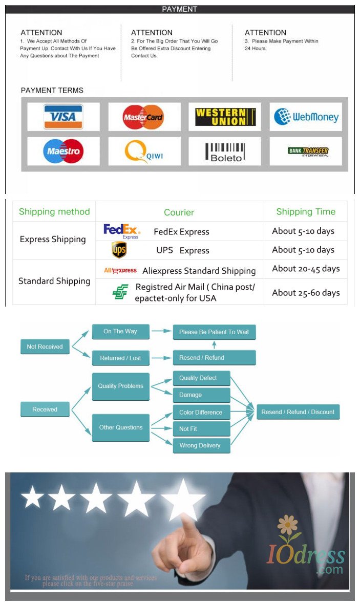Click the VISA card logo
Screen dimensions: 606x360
pyautogui.click(x=63, y=117)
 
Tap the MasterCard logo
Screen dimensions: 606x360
pyautogui.click(x=143, y=117)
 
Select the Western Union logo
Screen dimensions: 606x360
pyautogui.click(x=225, y=117)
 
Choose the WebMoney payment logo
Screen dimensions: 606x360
pyautogui.click(x=306, y=117)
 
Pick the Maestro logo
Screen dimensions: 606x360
pyautogui.click(x=63, y=151)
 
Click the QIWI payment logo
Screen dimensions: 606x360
pyautogui.click(x=144, y=151)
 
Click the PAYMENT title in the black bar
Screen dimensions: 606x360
pyautogui.click(x=179, y=9)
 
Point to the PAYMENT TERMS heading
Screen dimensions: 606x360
pyautogui.click(x=52, y=91)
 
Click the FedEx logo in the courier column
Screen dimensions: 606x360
pyautogui.click(x=122, y=231)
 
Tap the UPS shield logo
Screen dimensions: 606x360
pyautogui.click(x=119, y=250)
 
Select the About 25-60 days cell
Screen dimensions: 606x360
pyautogui.click(x=306, y=293)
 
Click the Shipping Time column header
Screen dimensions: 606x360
pyautogui.click(x=306, y=211)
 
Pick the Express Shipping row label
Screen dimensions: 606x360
pyautogui.click(x=53, y=239)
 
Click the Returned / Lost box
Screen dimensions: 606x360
pyautogui.click(x=120, y=358)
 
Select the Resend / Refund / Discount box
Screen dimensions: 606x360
pyautogui.click(x=298, y=412)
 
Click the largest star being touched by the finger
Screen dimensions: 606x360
pyautogui.click(x=183, y=499)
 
